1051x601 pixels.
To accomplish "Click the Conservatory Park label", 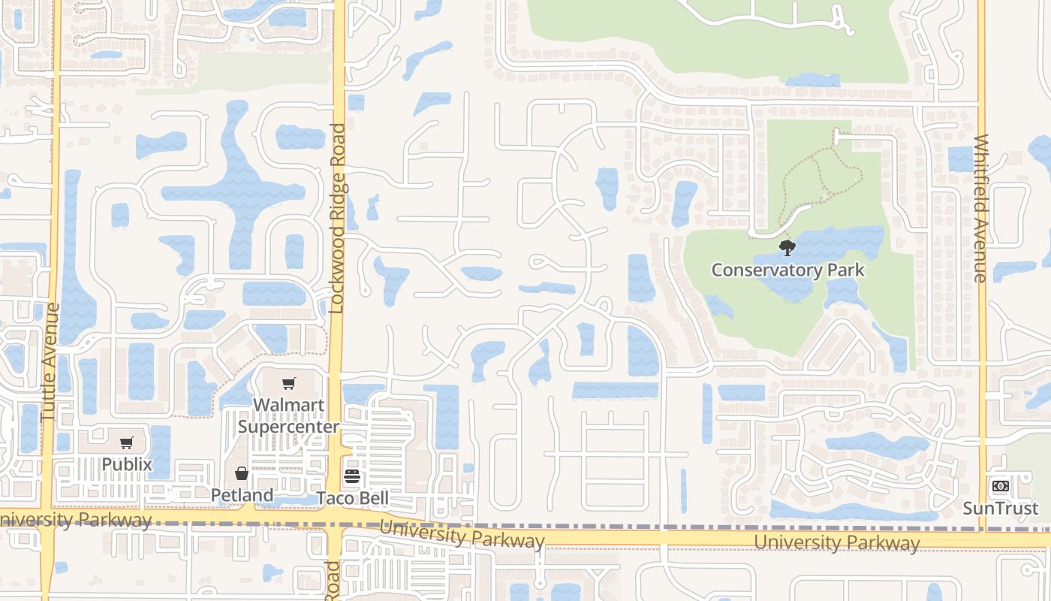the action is point(787,270).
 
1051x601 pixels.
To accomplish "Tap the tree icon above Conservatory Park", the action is point(787,247).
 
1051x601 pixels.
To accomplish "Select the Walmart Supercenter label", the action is point(289,415).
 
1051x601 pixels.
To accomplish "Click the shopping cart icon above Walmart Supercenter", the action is point(289,384).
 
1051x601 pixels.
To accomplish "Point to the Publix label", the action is point(126,464).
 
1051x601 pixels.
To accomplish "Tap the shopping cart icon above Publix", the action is point(126,443).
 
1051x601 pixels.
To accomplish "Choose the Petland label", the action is point(242,495).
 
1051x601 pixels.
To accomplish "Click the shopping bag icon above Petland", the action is point(242,473).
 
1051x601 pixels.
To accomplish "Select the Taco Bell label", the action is point(352,498).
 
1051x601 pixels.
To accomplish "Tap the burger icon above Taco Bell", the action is point(352,476).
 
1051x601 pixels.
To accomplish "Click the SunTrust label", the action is point(1001,508).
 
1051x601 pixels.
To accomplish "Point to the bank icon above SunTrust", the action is point(1000,486).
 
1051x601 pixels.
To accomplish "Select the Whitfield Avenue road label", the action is point(980,208).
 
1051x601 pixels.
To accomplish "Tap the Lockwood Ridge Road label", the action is point(337,218).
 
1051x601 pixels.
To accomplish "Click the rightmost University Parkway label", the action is point(836,542).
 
